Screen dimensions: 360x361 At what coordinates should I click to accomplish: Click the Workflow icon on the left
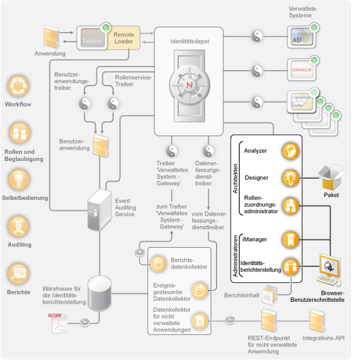pos(18,87)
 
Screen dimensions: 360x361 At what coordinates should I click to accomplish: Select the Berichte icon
pos(18,274)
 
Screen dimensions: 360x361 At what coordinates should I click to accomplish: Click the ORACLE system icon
pos(299,71)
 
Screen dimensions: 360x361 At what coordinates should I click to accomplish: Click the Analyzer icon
pos(290,151)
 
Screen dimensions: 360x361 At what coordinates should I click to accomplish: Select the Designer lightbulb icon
pos(290,177)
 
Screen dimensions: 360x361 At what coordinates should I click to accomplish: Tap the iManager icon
pos(290,239)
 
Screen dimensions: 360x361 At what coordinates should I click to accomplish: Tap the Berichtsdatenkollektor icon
pos(159,262)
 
